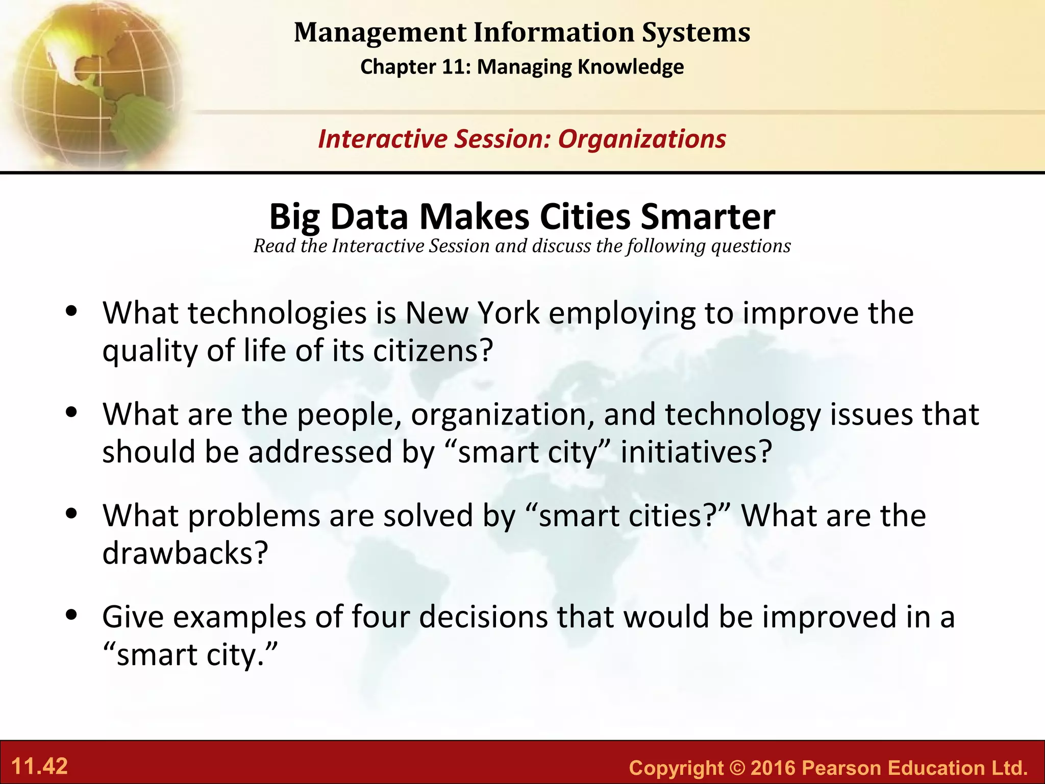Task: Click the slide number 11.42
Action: [x=40, y=767]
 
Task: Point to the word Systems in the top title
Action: [x=696, y=33]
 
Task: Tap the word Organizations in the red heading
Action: [x=642, y=139]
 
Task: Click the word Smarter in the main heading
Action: [x=708, y=217]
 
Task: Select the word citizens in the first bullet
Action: [x=433, y=351]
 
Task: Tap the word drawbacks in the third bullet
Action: [x=185, y=553]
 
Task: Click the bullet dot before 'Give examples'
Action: [x=72, y=615]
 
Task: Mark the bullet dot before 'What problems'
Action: [x=72, y=513]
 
